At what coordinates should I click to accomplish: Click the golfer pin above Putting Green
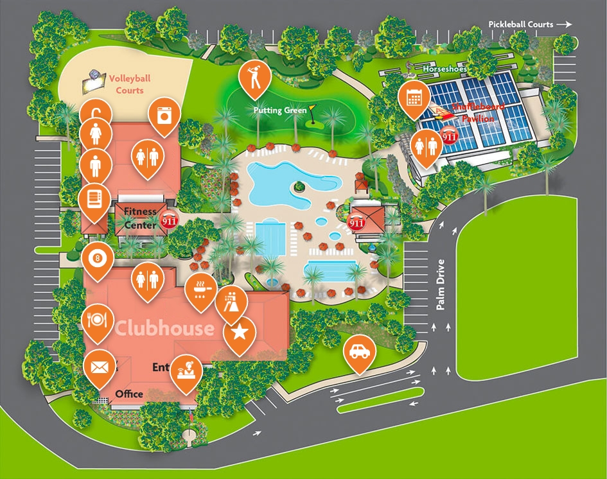pos(254,76)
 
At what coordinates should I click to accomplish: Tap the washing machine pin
pos(163,116)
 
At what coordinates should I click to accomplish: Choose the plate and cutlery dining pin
pos(98,318)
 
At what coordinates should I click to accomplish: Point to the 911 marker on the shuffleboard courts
pos(450,136)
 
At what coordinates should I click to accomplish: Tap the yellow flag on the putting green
pos(312,109)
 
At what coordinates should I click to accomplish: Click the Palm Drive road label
pos(441,285)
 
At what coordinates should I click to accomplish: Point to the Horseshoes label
pos(444,69)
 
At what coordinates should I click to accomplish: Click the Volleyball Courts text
pos(130,84)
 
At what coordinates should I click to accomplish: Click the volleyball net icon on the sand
pos(94,80)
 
